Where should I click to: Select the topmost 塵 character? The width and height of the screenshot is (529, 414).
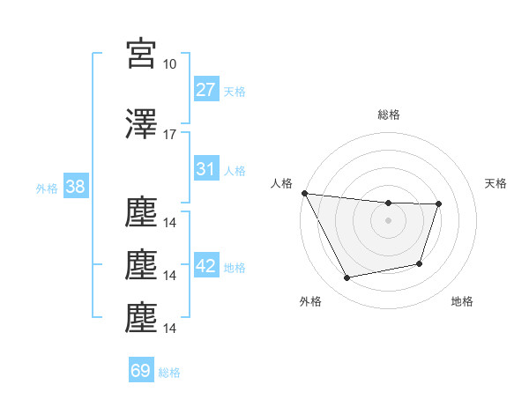pyautogui.click(x=141, y=213)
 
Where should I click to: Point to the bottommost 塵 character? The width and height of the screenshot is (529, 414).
pyautogui.click(x=141, y=318)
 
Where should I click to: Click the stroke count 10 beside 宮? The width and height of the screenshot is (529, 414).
pyautogui.click(x=169, y=64)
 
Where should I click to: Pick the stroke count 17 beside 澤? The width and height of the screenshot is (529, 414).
pyautogui.click(x=169, y=135)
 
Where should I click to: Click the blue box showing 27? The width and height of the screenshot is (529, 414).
pyautogui.click(x=205, y=90)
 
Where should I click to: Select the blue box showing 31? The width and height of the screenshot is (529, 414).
pyautogui.click(x=205, y=169)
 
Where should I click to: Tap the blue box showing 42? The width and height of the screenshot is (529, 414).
pyautogui.click(x=205, y=266)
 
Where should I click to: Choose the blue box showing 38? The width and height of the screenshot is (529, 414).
pyautogui.click(x=75, y=187)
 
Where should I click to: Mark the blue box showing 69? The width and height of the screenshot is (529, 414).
pyautogui.click(x=141, y=371)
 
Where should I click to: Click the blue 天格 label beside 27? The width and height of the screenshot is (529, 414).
pyautogui.click(x=235, y=92)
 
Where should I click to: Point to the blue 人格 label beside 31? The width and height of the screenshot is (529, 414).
pyautogui.click(x=235, y=171)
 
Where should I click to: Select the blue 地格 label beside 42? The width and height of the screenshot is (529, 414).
pyautogui.click(x=235, y=268)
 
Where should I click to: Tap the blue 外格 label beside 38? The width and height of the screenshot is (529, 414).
pyautogui.click(x=47, y=188)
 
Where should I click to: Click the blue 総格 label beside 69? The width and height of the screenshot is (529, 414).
pyautogui.click(x=169, y=373)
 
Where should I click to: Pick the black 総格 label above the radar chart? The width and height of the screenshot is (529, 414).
pyautogui.click(x=388, y=115)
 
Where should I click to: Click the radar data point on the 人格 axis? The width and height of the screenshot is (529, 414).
pyautogui.click(x=304, y=193)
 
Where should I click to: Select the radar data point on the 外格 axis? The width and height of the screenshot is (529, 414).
pyautogui.click(x=347, y=278)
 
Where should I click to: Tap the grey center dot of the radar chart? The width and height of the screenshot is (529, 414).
pyautogui.click(x=388, y=220)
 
